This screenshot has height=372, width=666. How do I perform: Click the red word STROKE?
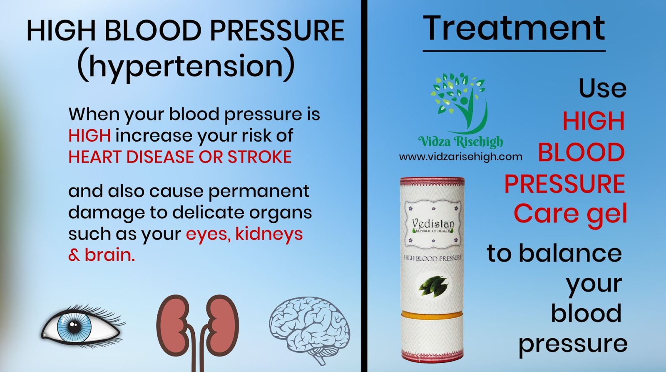point(259,157)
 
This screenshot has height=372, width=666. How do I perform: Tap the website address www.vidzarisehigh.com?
point(460,157)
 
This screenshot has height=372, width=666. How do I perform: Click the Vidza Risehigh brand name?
point(460,142)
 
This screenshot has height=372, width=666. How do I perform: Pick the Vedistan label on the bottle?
point(433,225)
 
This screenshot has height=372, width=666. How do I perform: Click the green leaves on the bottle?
point(433,285)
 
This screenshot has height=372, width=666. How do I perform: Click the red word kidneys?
point(269,234)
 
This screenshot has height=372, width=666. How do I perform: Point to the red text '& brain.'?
point(102,255)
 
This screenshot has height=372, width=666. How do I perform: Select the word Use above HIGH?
point(602,88)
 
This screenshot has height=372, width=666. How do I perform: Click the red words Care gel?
point(570,214)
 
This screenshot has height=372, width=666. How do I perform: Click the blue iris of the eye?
point(74,326)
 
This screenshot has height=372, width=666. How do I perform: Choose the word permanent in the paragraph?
point(258,191)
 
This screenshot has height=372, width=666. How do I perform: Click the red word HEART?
point(95,157)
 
